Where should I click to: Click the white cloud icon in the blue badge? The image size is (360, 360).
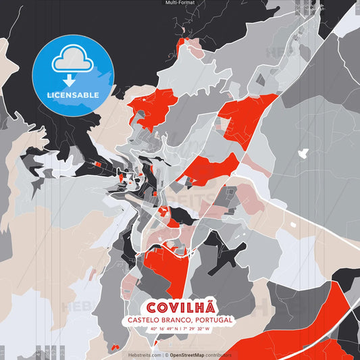coord(72,59)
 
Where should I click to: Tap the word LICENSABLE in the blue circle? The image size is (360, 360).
coord(72,95)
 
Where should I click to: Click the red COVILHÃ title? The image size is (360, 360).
coord(180,306)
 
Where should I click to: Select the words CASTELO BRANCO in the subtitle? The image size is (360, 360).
coord(153,319)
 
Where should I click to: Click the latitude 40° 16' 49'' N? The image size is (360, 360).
coord(164,329)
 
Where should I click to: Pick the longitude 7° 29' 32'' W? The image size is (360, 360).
coord(197,329)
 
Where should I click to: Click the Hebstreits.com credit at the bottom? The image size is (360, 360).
coord(145,355)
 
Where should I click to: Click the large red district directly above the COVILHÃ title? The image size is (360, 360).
coord(159,267)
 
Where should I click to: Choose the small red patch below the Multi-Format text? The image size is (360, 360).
coord(181,45)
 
